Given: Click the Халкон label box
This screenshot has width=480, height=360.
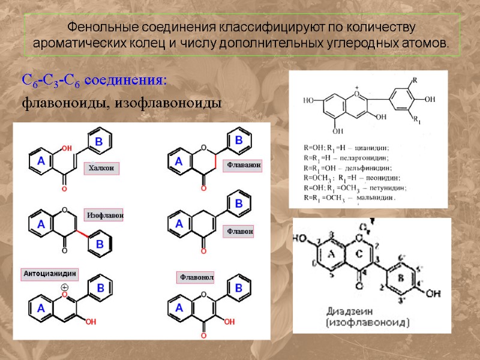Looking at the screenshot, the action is tap(101, 168).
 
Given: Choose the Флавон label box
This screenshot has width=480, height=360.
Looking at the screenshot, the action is tap(239, 231).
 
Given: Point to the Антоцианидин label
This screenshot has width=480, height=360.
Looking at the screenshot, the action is tap(50, 274).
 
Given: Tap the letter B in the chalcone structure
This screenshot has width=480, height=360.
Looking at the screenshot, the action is tap(100, 142).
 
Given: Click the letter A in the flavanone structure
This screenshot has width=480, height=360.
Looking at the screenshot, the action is tap(178, 161).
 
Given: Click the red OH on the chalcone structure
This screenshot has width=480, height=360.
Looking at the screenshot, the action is tap(67, 148).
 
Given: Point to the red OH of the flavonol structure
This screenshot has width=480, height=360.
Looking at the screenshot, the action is tap(229, 322).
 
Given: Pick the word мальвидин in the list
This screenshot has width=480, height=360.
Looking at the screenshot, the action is tap(377, 197).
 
